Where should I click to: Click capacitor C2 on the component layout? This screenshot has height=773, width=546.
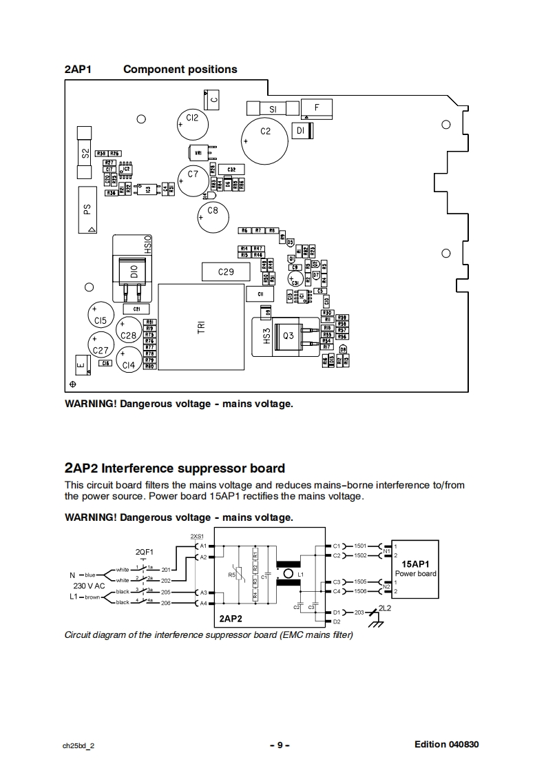click(x=265, y=131)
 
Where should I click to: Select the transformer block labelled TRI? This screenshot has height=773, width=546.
click(x=202, y=327)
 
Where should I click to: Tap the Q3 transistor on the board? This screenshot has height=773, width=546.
click(x=288, y=336)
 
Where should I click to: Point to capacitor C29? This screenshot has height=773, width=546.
click(x=226, y=272)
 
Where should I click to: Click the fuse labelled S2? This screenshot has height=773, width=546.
click(x=85, y=153)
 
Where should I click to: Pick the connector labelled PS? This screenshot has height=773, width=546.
click(x=87, y=209)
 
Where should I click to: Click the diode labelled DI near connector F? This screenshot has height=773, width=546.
click(x=301, y=130)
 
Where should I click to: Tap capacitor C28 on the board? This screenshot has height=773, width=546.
click(x=129, y=335)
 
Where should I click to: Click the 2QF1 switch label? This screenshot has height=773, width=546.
click(x=145, y=552)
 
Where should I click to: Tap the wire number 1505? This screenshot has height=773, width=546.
click(x=361, y=581)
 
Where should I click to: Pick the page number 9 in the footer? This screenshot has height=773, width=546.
click(x=280, y=745)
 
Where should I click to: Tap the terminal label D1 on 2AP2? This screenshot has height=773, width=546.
click(x=337, y=612)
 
